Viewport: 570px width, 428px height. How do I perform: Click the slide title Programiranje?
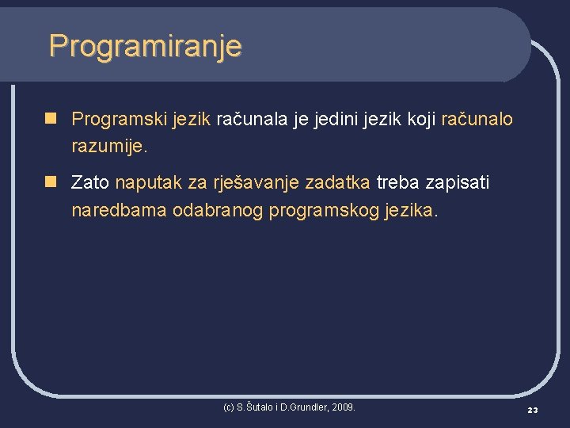[145, 46]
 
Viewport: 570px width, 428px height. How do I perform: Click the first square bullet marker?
[51, 119]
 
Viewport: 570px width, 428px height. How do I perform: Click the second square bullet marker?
[51, 183]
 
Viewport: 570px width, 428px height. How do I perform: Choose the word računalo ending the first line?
[477, 120]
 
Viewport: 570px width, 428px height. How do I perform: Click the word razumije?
[108, 147]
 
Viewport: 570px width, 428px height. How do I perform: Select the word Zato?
[90, 183]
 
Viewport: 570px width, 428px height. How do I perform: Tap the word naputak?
[148, 184]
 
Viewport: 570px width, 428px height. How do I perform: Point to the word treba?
[398, 183]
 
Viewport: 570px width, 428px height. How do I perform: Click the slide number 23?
[532, 410]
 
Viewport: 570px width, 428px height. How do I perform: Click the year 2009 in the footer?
[344, 407]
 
